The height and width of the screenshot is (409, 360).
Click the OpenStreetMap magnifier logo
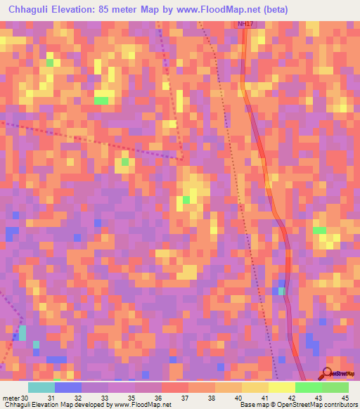point(327,373)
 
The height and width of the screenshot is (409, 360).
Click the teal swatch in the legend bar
point(41,388)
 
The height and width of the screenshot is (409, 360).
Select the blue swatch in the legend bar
point(67,388)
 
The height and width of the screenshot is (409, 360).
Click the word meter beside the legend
point(11,398)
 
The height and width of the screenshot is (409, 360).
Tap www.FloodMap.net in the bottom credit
point(143,405)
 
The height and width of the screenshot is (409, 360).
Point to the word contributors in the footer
point(340,405)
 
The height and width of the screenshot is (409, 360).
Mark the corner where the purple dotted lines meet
point(181,156)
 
